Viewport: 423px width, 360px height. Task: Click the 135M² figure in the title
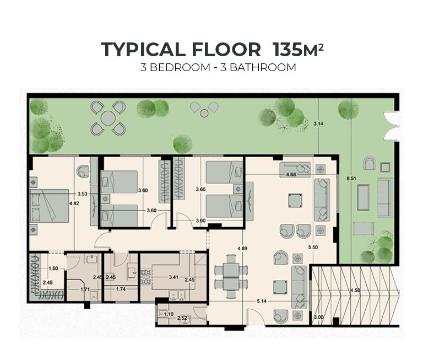pos(298,50)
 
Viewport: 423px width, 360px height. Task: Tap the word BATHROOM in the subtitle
pos(263,67)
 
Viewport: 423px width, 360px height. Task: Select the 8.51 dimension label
pos(351,179)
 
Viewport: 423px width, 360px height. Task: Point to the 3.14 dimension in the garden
pos(318,123)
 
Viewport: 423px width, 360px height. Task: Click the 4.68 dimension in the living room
pos(291,174)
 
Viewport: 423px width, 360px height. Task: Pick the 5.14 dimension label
pos(262,301)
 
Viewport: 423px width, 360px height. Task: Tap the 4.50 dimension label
pos(355,291)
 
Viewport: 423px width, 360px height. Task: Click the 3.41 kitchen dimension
pos(173,277)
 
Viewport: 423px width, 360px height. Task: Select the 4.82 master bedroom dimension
pos(74,203)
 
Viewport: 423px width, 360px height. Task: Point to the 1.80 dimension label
pos(53,268)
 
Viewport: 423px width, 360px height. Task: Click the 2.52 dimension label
pos(182,318)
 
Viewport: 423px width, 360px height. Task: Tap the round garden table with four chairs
pos(108,118)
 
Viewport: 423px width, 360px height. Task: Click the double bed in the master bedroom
pos(49,206)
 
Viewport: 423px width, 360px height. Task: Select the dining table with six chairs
pos(231,276)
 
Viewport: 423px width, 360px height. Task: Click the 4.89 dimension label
pos(242,249)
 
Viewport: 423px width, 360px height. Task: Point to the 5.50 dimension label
pos(313,247)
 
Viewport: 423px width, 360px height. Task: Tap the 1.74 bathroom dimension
pos(121,289)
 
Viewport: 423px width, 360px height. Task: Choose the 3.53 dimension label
pos(82,194)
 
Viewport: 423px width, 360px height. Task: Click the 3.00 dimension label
pos(318,317)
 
